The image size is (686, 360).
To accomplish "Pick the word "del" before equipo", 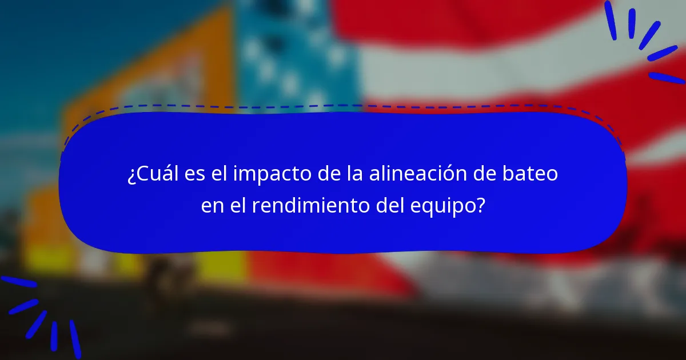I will tap(392, 205).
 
